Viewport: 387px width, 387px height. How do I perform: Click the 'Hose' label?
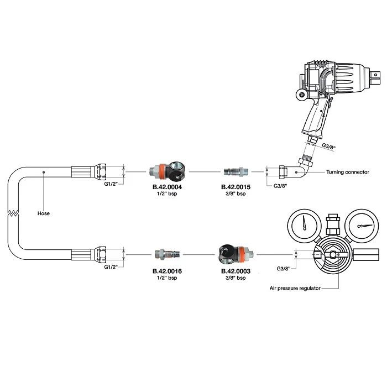tap(44, 213)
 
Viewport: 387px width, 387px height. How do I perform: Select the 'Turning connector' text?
tap(348, 172)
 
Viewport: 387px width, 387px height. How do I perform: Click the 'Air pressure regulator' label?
tap(295, 288)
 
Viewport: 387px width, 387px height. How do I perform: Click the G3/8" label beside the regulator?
tap(284, 269)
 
